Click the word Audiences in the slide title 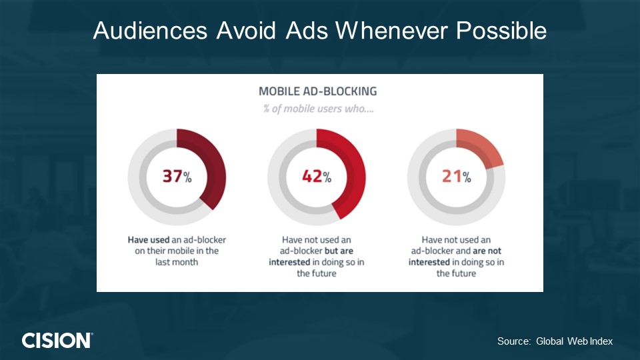tap(150, 30)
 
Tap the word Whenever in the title tap(391, 30)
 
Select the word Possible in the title tap(501, 30)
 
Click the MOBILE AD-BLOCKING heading tap(317, 91)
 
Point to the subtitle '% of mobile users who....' tap(318, 109)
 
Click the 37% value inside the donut tap(177, 176)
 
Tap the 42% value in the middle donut tap(317, 176)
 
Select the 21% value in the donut tap(456, 176)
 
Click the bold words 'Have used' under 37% tap(149, 240)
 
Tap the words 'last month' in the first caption tap(176, 262)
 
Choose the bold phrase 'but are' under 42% tap(339, 251)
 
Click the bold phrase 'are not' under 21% tap(487, 251)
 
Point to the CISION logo tap(57, 341)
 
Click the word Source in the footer tap(513, 341)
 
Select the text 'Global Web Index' tap(574, 341)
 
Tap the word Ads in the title tap(307, 30)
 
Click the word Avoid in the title tap(246, 30)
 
